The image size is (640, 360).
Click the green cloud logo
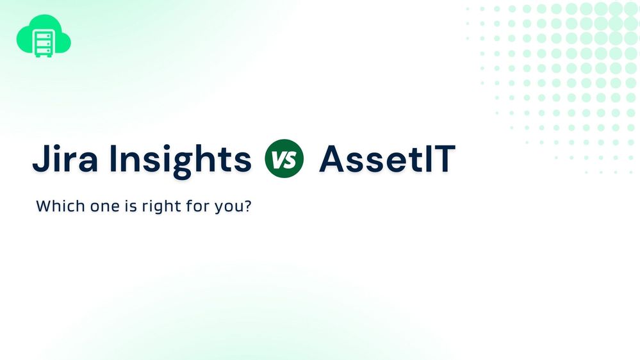coord(44,38)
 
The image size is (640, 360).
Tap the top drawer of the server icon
coord(44,31)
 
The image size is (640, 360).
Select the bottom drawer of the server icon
coord(44,48)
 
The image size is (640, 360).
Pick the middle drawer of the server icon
coord(44,40)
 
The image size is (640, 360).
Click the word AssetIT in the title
coord(388,160)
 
